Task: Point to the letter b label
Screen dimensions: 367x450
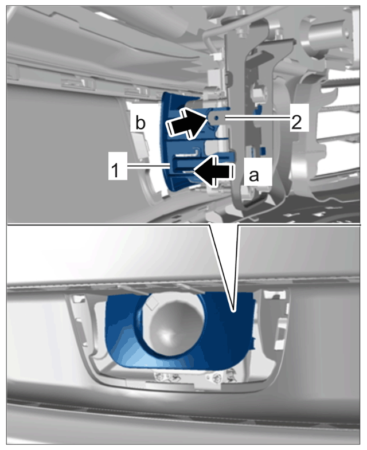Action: click(140, 123)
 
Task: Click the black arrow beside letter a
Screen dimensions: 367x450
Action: click(214, 171)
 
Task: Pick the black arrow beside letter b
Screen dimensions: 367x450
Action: click(188, 124)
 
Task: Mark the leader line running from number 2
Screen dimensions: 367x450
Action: click(257, 118)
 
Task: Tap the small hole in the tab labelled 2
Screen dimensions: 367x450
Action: click(217, 118)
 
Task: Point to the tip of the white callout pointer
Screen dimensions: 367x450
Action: click(234, 310)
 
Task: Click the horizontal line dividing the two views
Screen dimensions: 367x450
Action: click(184, 224)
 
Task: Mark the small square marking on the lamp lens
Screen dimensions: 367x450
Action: click(153, 302)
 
